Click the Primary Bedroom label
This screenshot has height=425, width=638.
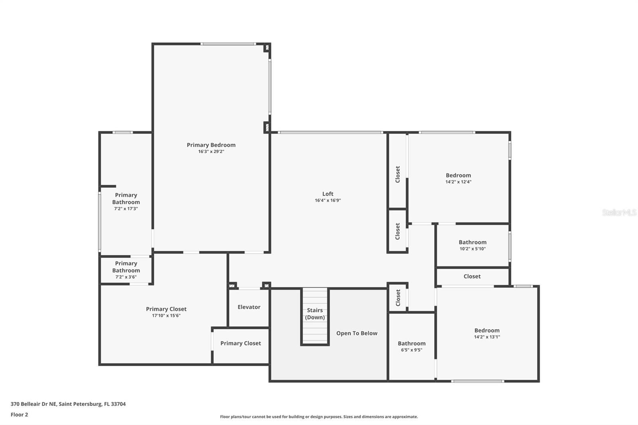click(211, 145)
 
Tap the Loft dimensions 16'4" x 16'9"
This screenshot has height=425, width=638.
click(328, 201)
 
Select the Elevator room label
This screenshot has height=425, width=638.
click(249, 307)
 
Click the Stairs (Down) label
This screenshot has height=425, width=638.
click(315, 314)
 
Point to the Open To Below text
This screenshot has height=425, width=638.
click(356, 333)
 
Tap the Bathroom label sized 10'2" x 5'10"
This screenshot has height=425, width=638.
click(473, 242)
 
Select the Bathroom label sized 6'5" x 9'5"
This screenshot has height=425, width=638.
click(412, 343)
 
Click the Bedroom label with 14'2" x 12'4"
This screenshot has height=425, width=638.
click(458, 175)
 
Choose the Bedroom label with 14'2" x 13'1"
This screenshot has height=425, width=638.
click(487, 331)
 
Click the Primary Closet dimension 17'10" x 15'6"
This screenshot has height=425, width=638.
click(166, 316)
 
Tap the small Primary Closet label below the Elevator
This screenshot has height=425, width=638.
click(240, 343)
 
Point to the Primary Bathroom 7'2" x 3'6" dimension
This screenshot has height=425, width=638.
click(126, 277)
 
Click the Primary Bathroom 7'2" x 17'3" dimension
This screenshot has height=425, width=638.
click(126, 209)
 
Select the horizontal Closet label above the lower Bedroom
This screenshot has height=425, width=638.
click(472, 276)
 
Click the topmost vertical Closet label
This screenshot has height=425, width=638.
click(398, 175)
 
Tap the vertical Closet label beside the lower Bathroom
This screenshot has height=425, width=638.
click(398, 297)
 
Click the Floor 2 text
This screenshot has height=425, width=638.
click(19, 415)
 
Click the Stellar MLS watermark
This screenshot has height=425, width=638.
click(619, 212)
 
